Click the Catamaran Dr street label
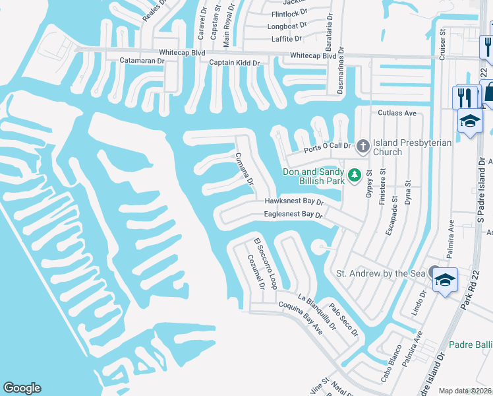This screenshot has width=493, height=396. [x=142, y=60]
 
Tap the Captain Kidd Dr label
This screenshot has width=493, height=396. [x=235, y=63]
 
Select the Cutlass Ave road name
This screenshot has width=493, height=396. [x=397, y=113]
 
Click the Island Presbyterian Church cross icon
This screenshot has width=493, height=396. [x=362, y=145]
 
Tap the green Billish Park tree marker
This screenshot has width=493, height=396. [x=355, y=175]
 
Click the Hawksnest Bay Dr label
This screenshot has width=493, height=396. [x=294, y=201]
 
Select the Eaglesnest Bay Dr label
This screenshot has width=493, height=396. [x=293, y=214]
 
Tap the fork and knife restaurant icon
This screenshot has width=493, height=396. [x=464, y=96]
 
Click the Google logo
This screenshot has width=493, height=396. [x=22, y=388]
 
